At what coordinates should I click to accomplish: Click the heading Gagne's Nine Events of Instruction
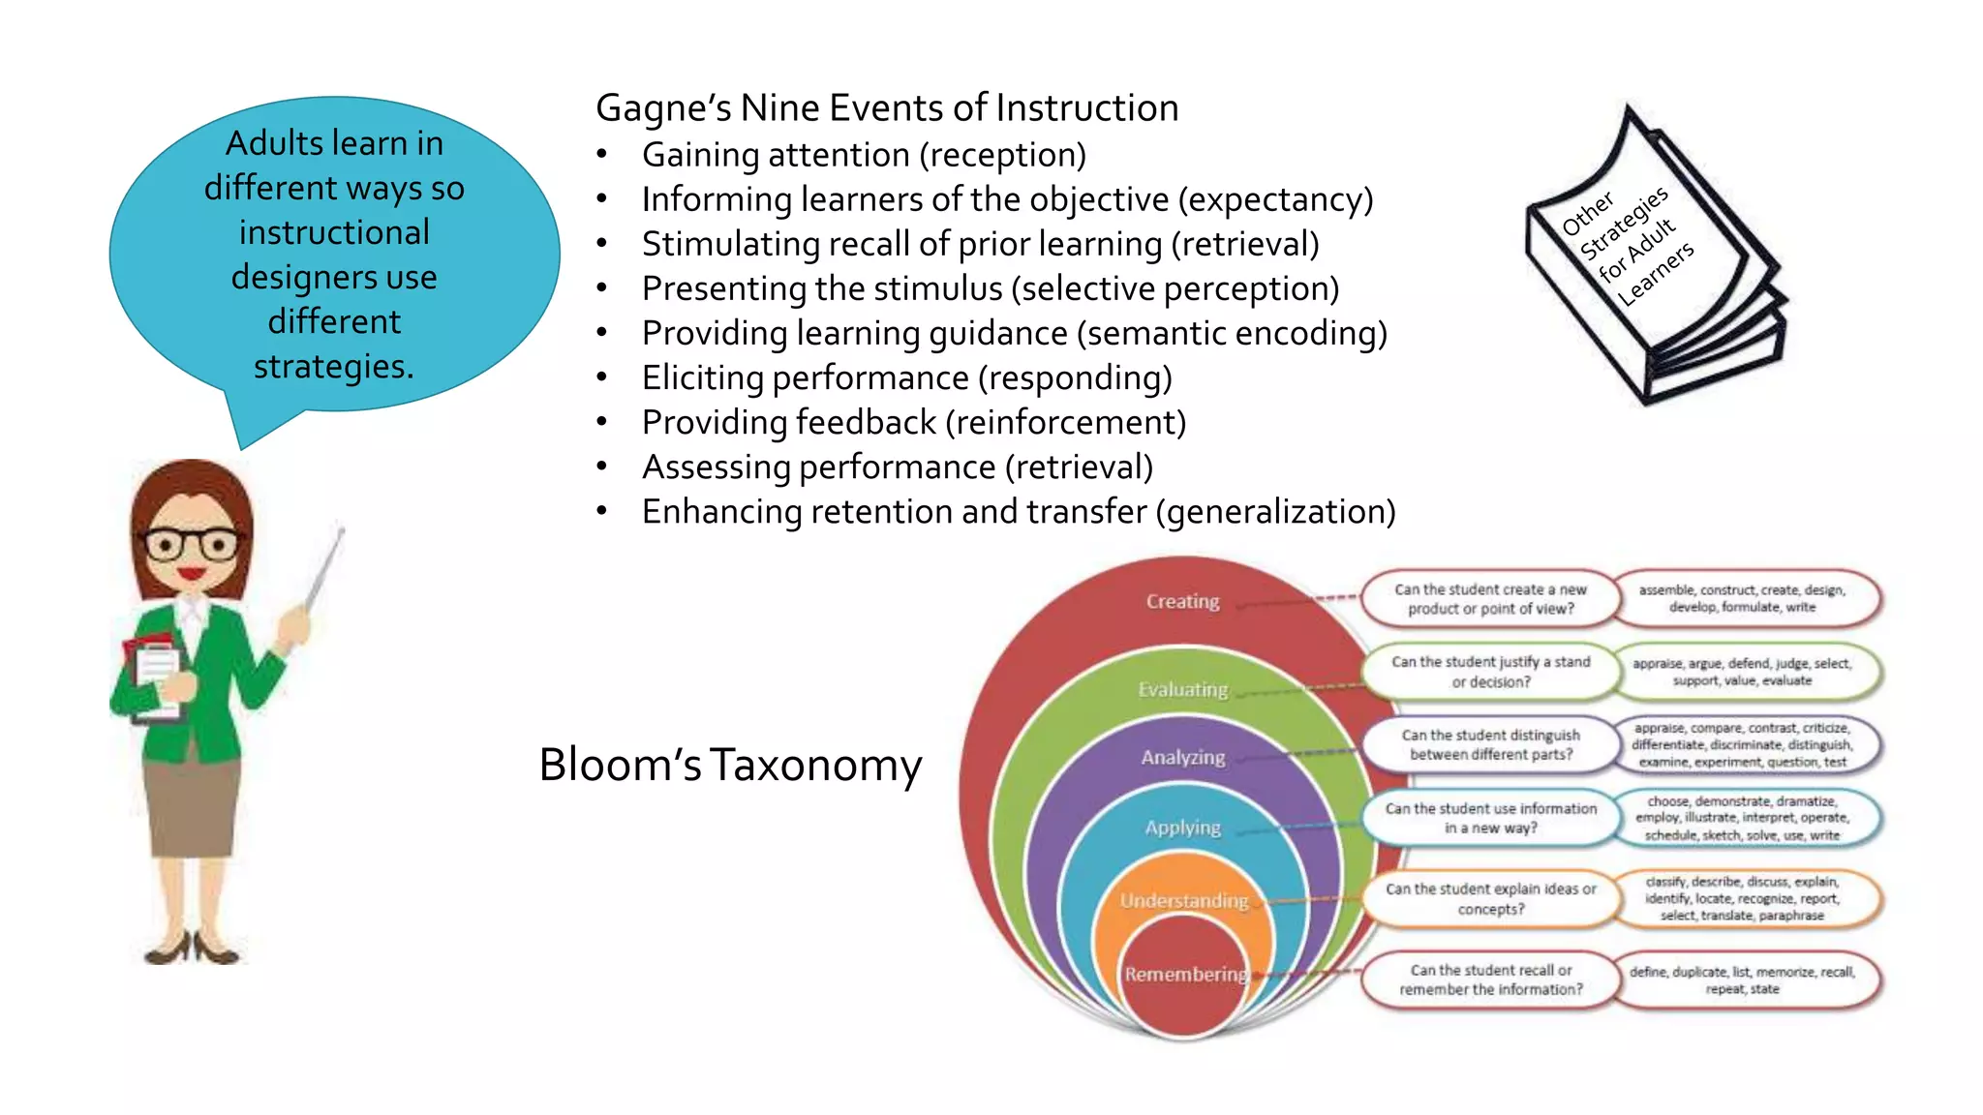click(x=887, y=108)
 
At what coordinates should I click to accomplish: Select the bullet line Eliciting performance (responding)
click(x=906, y=377)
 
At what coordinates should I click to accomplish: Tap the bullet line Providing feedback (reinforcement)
click(x=913, y=422)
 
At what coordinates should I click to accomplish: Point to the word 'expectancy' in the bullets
click(x=1275, y=199)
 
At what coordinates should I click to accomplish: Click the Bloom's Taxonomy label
click(x=730, y=765)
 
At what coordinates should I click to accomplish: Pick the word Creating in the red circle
click(x=1182, y=601)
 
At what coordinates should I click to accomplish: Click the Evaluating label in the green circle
click(x=1182, y=689)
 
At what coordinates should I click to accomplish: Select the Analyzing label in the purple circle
click(x=1182, y=757)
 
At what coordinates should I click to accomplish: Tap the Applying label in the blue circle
click(x=1182, y=828)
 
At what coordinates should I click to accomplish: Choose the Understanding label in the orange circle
click(x=1183, y=900)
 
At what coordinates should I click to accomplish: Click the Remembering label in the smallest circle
click(x=1185, y=974)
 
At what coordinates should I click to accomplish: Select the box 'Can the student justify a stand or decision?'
click(x=1490, y=672)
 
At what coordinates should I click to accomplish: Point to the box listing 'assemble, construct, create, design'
click(x=1741, y=598)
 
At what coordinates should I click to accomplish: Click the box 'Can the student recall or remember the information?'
click(x=1490, y=979)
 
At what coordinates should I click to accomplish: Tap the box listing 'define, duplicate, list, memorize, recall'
click(x=1741, y=979)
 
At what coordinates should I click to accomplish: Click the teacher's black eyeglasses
click(x=191, y=544)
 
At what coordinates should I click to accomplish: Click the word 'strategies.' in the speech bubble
click(x=334, y=367)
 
